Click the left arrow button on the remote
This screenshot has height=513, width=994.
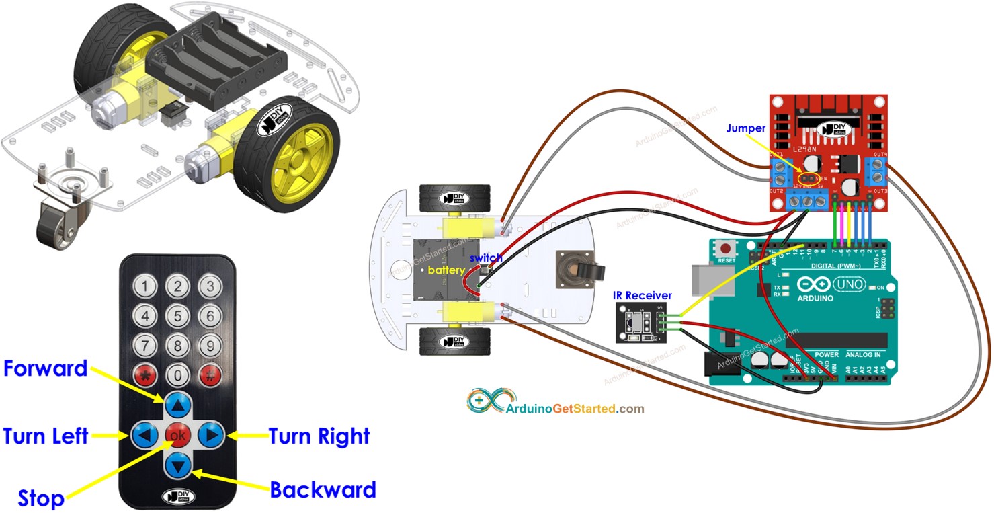coord(144,436)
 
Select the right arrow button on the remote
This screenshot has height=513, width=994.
coord(210,436)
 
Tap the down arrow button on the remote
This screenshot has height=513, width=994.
coord(178,465)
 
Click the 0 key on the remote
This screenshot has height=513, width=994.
coord(177,374)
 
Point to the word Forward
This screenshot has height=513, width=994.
coord(46,368)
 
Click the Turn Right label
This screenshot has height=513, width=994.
coord(319,436)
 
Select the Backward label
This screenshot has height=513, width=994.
coord(323,489)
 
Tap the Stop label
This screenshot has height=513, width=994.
coord(41,498)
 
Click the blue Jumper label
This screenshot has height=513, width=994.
coord(745,128)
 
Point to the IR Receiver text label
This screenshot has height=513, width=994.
coord(642,294)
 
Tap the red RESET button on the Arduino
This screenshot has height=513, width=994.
coord(726,249)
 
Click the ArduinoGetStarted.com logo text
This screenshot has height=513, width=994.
coord(575,408)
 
